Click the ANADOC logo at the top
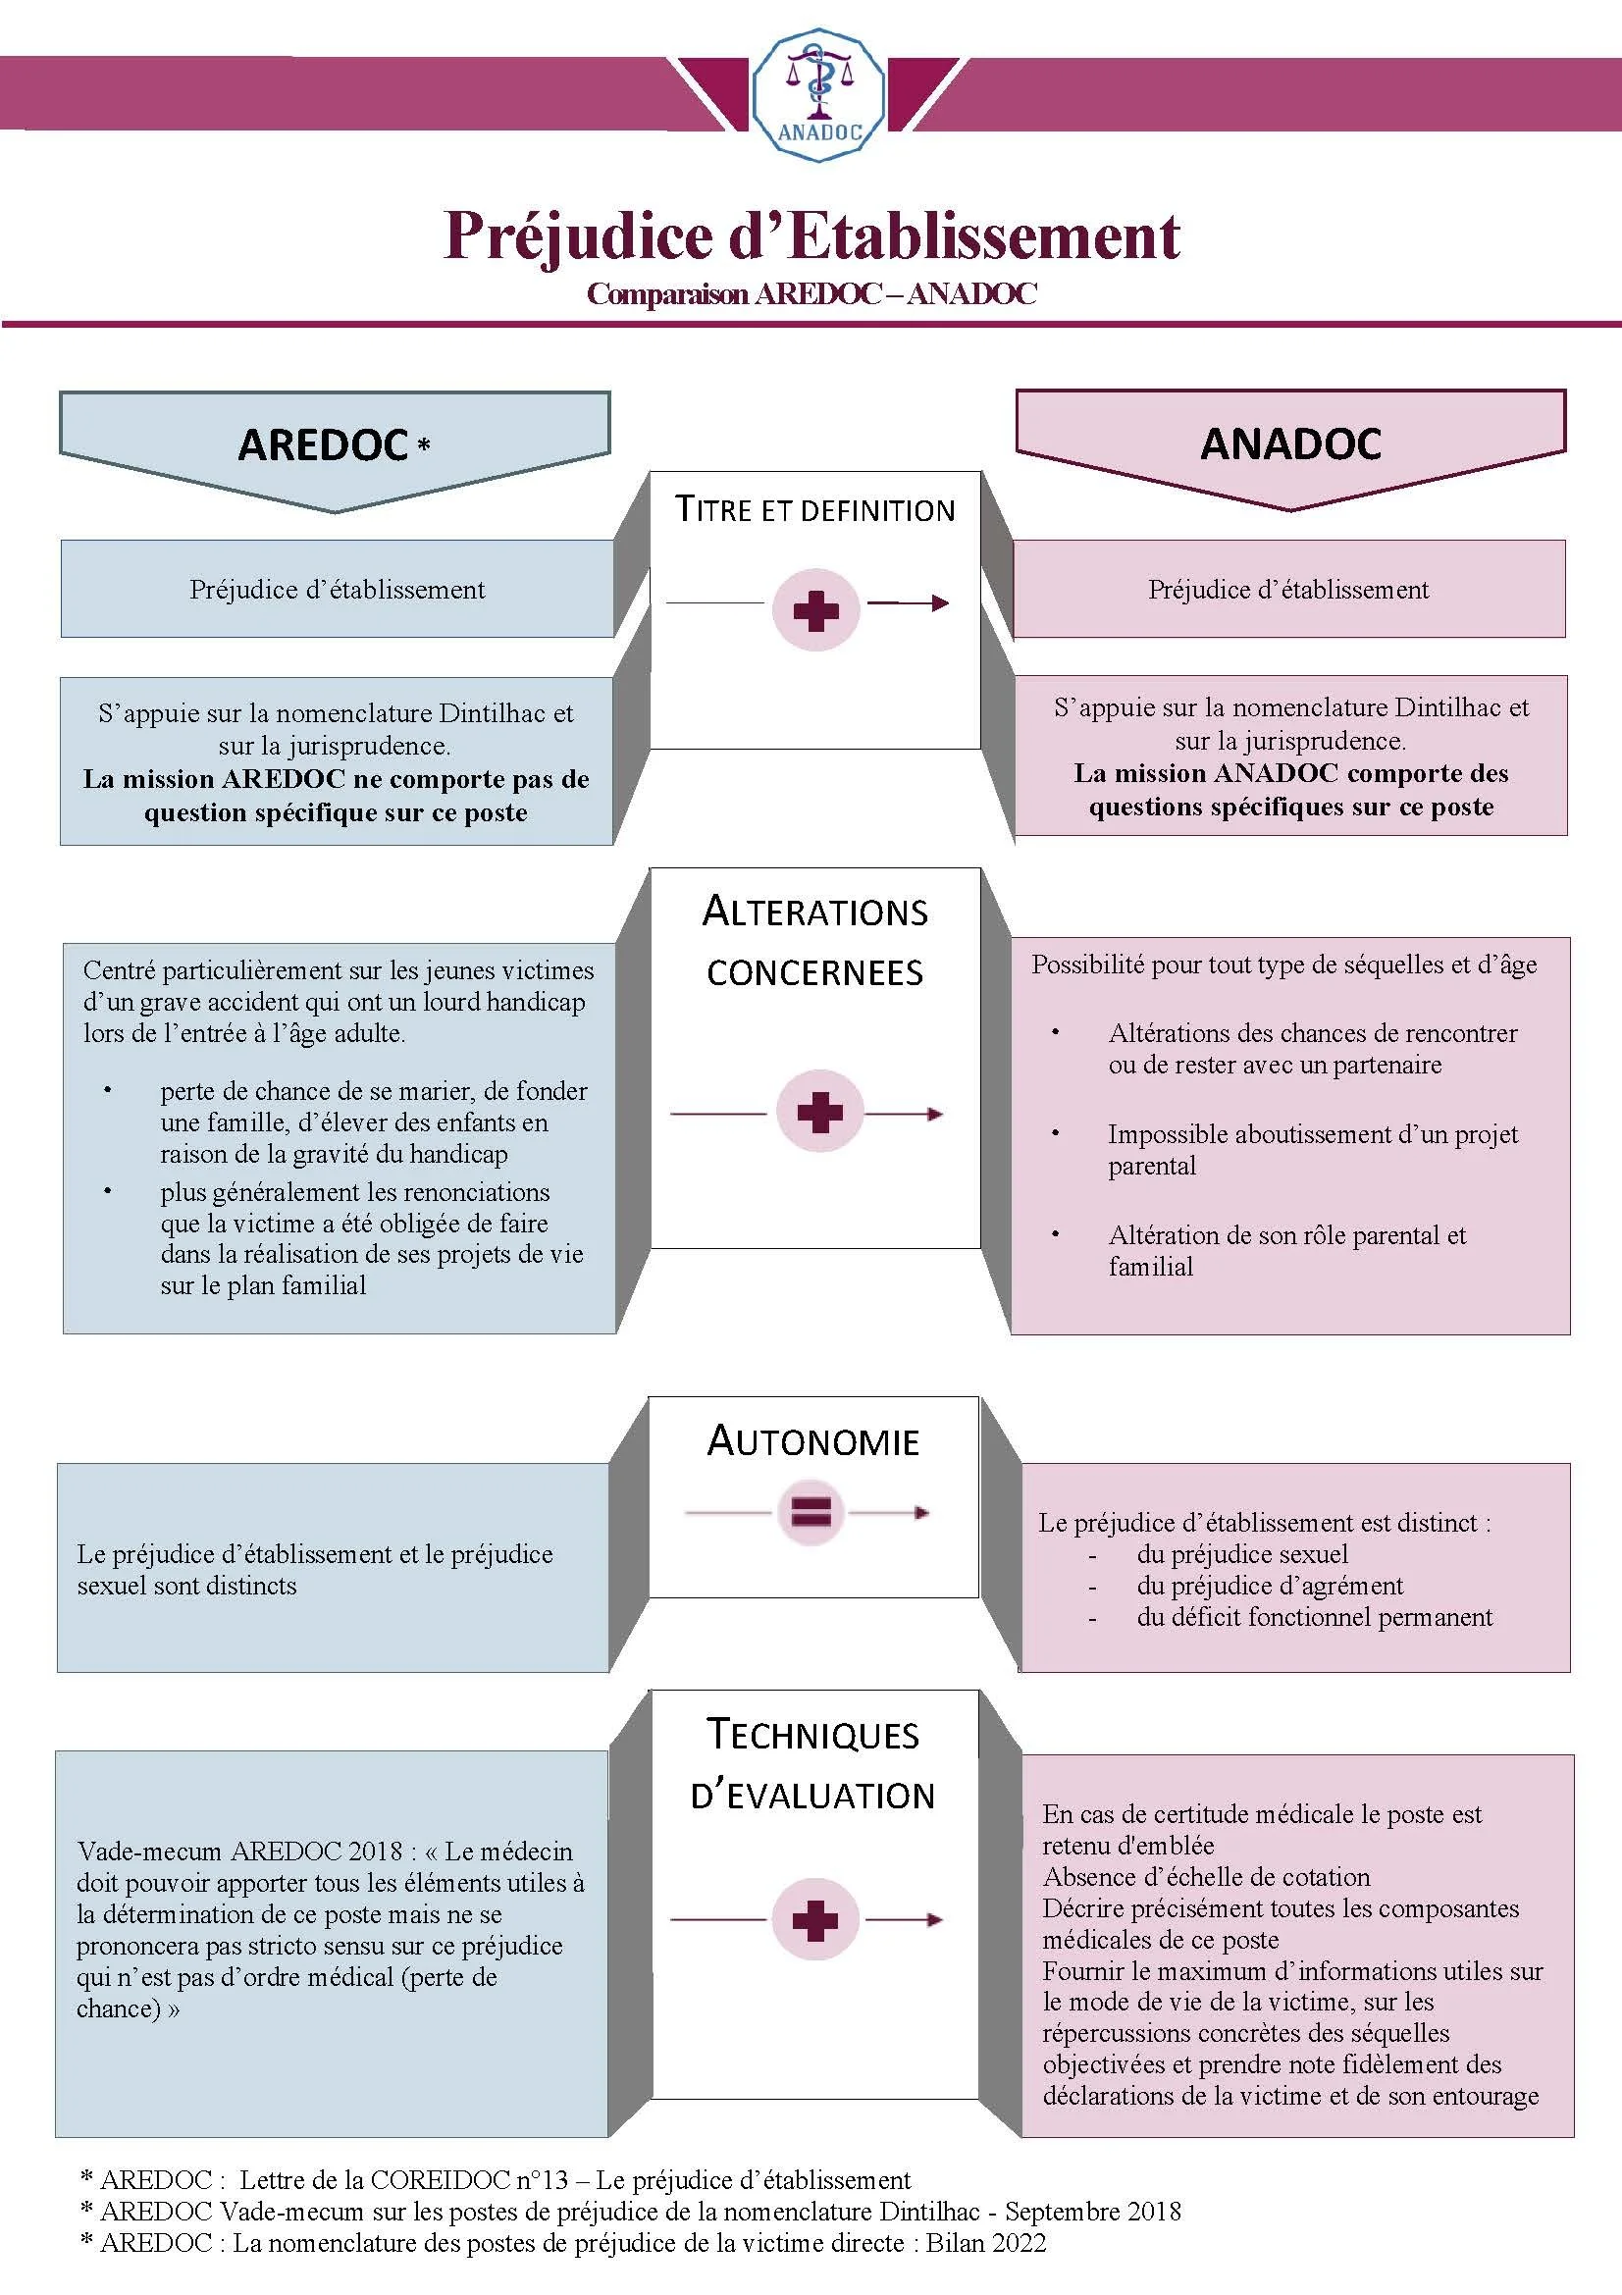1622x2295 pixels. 817,96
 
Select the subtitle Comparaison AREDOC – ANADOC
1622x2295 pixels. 811,294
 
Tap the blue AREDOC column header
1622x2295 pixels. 335,443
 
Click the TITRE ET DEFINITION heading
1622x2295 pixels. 814,510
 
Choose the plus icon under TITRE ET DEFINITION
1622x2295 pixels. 815,609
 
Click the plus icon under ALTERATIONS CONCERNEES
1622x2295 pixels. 819,1113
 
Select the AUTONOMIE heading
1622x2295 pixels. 813,1441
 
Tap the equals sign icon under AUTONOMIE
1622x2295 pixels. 811,1512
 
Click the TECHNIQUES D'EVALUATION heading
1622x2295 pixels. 813,1765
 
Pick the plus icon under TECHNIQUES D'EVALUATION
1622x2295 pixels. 814,1919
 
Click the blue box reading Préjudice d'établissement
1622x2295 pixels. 337,590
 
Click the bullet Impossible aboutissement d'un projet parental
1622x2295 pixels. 1311,1150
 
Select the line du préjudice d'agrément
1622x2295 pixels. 1269,1586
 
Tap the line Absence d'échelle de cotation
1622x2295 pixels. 1206,1876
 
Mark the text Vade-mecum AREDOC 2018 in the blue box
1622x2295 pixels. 239,1852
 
